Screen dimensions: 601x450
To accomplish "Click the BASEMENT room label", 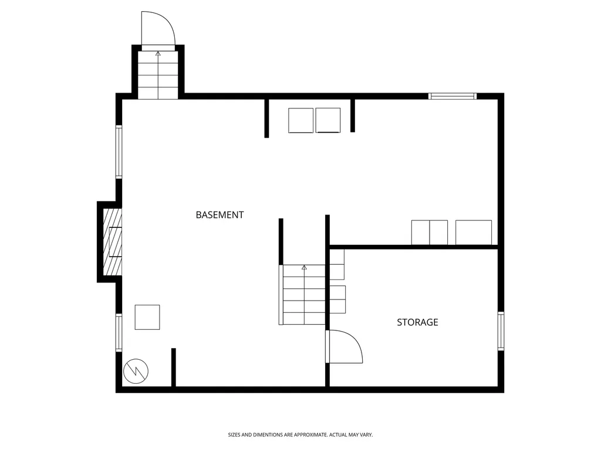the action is pyautogui.click(x=220, y=215).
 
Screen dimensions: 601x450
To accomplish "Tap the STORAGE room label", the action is pyautogui.click(x=417, y=322).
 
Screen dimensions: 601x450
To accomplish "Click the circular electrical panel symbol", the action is pyautogui.click(x=136, y=371).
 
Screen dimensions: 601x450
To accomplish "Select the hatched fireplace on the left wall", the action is pyautogui.click(x=112, y=241).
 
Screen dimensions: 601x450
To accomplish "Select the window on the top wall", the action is pyautogui.click(x=453, y=96).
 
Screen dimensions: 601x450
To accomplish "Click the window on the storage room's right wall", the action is pyautogui.click(x=501, y=331).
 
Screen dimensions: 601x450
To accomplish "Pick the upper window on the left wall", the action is pyautogui.click(x=119, y=152).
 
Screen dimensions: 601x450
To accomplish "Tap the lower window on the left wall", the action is pyautogui.click(x=119, y=333).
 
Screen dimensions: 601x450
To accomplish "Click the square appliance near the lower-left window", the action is pyautogui.click(x=147, y=317).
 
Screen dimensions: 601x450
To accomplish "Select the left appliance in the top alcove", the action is pyautogui.click(x=301, y=121).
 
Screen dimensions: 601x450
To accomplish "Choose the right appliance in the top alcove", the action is pyautogui.click(x=328, y=121).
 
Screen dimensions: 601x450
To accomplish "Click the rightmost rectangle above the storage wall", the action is pyautogui.click(x=474, y=233).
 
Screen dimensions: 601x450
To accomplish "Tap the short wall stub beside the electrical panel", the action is pyautogui.click(x=173, y=368).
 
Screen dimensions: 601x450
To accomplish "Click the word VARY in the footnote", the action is pyautogui.click(x=366, y=435).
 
